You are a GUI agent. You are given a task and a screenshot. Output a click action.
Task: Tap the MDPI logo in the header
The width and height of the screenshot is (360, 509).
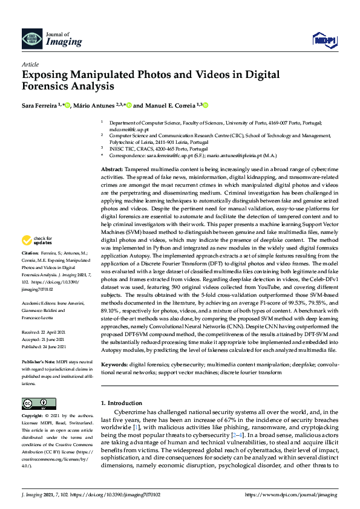(324, 40)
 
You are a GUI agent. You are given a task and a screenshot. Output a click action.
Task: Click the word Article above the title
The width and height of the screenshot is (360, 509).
(31, 64)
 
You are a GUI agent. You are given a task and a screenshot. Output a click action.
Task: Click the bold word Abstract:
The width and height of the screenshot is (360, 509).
(112, 168)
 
